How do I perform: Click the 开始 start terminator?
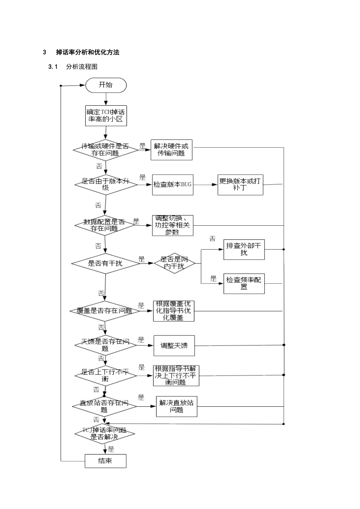tap(106, 85)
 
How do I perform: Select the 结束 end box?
tap(105, 461)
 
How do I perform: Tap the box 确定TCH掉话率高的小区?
tap(105, 116)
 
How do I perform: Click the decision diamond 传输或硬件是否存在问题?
tap(105, 150)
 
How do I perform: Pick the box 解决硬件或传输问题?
tap(171, 150)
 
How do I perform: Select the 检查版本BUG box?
tap(172, 185)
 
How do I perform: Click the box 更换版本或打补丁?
tap(240, 185)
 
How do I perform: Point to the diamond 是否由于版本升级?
tap(105, 184)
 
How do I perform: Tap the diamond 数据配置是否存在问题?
tap(105, 225)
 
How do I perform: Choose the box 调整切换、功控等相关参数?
tap(172, 225)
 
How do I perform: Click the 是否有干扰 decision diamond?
tap(105, 263)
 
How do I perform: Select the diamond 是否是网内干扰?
tap(174, 263)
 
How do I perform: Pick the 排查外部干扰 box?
tap(244, 250)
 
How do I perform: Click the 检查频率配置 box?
tap(244, 283)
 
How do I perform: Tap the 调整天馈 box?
tap(174, 345)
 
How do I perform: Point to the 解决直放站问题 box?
tap(177, 406)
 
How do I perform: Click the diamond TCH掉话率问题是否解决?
tap(105, 434)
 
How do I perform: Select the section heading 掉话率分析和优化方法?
tap(88, 53)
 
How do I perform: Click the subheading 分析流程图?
tap(81, 67)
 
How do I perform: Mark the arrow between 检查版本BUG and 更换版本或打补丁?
tap(205, 185)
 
